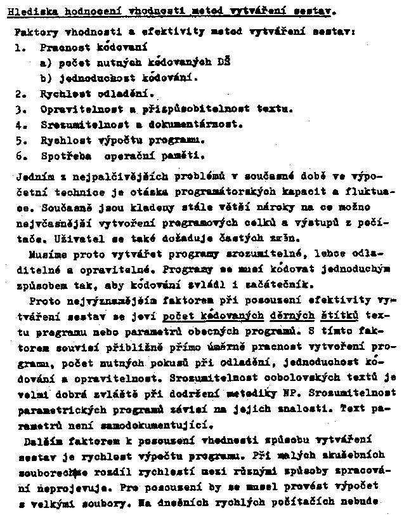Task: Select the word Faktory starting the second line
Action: [x=33, y=30]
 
